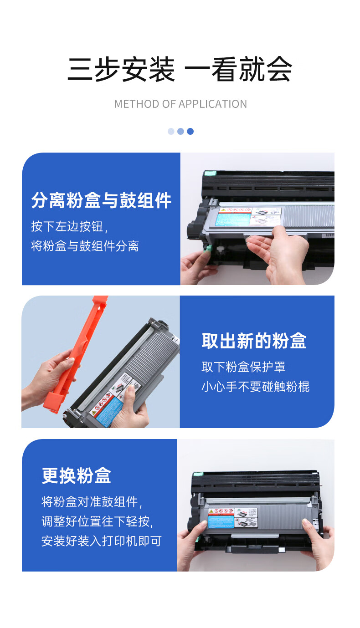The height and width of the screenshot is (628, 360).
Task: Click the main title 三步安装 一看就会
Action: (x=180, y=69)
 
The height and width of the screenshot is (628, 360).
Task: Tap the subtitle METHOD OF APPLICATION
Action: (x=180, y=104)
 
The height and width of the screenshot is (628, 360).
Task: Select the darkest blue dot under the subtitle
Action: (x=190, y=131)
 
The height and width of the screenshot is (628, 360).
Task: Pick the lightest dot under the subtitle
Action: (x=171, y=131)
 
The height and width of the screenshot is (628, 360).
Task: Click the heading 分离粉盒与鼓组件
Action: (x=101, y=200)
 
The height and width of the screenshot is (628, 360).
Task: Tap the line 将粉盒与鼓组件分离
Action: (x=85, y=246)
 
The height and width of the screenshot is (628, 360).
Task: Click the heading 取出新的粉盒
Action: (x=254, y=341)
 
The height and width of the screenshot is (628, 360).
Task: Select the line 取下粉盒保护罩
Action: (x=244, y=367)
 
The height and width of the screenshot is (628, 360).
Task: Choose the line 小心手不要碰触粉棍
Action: (x=256, y=387)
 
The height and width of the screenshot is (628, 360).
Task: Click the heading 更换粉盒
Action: (x=77, y=476)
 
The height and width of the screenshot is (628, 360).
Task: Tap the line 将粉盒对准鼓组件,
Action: (x=92, y=502)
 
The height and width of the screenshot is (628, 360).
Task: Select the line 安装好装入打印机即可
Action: (x=102, y=541)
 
